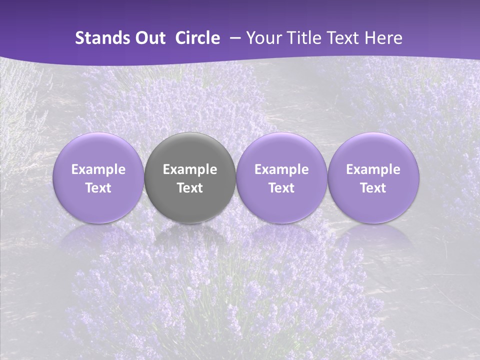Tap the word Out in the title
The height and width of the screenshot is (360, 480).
149,38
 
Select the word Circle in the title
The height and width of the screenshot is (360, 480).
197,38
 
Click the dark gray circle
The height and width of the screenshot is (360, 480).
190,150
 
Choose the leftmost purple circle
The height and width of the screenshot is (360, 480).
98,150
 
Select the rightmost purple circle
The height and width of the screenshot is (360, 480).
373,150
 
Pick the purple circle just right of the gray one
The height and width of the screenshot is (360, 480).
281,150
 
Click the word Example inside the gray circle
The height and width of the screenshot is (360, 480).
190,169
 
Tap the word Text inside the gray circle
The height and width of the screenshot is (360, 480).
190,188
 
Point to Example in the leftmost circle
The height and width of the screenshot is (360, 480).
98,169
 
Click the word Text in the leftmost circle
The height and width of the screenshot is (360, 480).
98,188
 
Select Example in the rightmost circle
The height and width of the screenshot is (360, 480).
373,169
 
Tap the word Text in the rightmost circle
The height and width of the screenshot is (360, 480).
373,188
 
